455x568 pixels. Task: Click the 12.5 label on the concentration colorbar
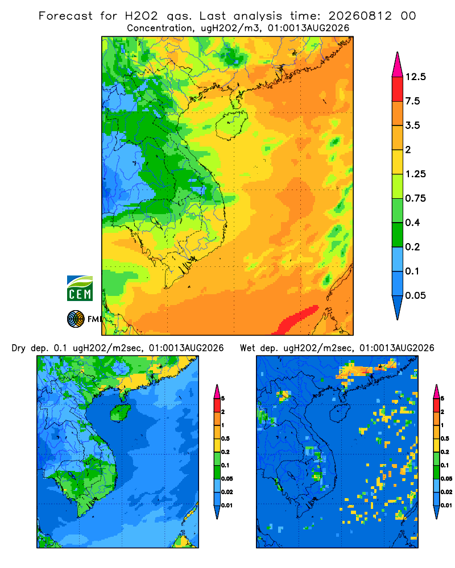[x=415, y=77]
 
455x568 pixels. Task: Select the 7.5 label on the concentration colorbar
[x=412, y=101]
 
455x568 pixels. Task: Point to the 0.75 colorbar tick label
[x=415, y=198]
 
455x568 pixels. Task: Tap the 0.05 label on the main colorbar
[x=415, y=295]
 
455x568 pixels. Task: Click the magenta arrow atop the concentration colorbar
[x=398, y=65]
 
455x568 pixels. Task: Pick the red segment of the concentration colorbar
[x=398, y=89]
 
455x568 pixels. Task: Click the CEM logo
[x=80, y=289]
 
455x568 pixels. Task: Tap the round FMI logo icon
[x=76, y=319]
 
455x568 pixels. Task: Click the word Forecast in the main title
[x=65, y=16]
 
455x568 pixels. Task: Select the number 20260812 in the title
[x=360, y=16]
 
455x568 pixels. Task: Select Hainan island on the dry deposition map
[x=120, y=412]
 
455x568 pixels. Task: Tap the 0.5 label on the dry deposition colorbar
[x=225, y=438]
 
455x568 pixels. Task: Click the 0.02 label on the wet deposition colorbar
[x=446, y=492]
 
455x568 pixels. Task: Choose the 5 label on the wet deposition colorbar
[x=442, y=399]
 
